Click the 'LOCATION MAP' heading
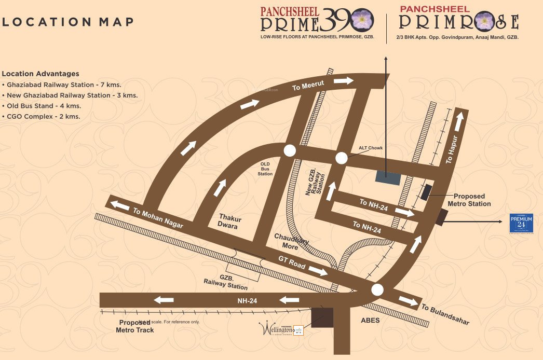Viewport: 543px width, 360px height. pyautogui.click(x=67, y=22)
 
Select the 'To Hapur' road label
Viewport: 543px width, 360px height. pyautogui.click(x=453, y=150)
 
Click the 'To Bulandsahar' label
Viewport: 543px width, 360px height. pyautogui.click(x=445, y=314)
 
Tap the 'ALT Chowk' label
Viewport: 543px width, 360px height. pyautogui.click(x=371, y=148)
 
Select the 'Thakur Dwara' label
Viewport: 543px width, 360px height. pyautogui.click(x=228, y=221)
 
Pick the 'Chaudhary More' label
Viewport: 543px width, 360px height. pyautogui.click(x=286, y=241)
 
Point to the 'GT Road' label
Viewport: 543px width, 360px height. pyautogui.click(x=291, y=263)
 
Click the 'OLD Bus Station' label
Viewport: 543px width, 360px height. pyautogui.click(x=265, y=169)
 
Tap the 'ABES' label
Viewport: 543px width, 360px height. pyautogui.click(x=370, y=321)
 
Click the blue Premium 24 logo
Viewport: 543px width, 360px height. pyautogui.click(x=521, y=224)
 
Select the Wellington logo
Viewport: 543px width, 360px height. pyautogui.click(x=281, y=329)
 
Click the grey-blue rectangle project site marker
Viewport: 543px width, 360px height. pyautogui.click(x=388, y=177)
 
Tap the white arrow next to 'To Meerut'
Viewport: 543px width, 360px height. pyautogui.click(x=343, y=80)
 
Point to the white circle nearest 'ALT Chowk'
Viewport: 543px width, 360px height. pyautogui.click(x=341, y=158)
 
